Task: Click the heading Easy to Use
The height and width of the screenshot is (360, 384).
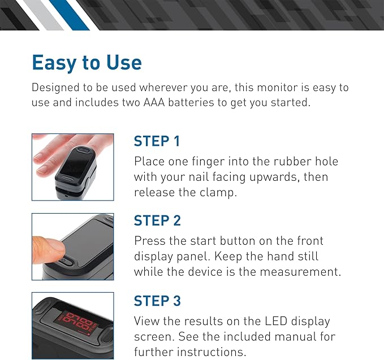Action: [x=87, y=63]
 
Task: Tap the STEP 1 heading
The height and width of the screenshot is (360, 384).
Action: [x=157, y=141]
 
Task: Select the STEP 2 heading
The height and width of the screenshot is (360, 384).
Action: [x=157, y=220]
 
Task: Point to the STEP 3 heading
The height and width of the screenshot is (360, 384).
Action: [x=157, y=301]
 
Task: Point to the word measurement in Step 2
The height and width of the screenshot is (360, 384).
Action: [x=300, y=272]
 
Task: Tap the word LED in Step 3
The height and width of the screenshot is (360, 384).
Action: [x=276, y=321]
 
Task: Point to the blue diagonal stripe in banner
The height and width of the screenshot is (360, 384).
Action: [x=69, y=15]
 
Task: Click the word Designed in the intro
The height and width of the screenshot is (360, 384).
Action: [x=55, y=88]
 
